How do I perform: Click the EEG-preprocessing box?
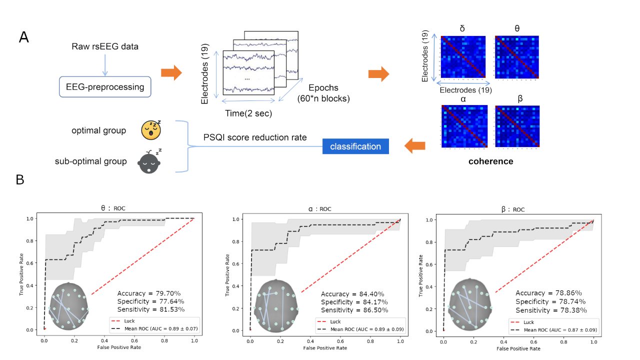pos(105,87)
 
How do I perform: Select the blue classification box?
pos(355,146)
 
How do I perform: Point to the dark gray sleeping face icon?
pos(149,161)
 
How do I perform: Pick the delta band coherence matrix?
pos(463,57)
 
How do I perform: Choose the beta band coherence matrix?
pos(517,127)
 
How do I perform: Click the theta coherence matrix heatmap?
pos(517,57)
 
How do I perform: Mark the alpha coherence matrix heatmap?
pos(463,127)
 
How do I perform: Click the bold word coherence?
pos(490,161)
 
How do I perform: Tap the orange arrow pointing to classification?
pos(414,146)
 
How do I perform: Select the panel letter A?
pos(23,37)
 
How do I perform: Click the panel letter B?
pos(20,179)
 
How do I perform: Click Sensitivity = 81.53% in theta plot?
pos(150,309)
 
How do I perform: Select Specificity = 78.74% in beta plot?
pos(550,301)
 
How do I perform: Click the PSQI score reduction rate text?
pos(255,137)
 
